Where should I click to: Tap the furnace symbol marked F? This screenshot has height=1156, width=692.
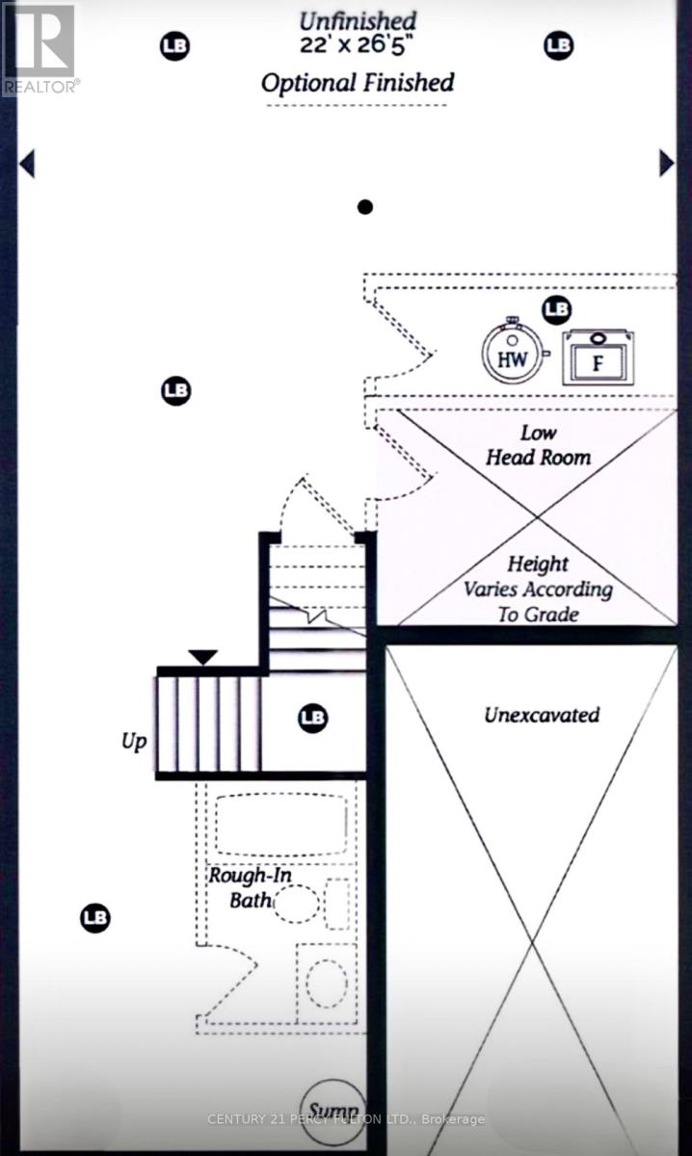click(598, 360)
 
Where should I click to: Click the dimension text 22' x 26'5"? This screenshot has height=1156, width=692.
click(358, 43)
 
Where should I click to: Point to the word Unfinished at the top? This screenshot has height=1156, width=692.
click(358, 19)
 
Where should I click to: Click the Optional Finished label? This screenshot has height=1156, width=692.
click(358, 83)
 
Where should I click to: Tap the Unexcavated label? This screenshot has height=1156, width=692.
click(541, 715)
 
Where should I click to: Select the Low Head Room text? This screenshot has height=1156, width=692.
click(538, 445)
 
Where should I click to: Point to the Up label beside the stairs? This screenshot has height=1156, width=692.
click(134, 743)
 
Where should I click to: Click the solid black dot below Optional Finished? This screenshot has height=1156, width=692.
click(364, 206)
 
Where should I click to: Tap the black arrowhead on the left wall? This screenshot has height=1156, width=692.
click(27, 164)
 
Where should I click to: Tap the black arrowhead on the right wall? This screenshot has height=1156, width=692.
click(666, 163)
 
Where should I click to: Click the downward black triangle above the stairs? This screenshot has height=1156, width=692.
click(202, 657)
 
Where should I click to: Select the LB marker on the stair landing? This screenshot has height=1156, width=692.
click(313, 718)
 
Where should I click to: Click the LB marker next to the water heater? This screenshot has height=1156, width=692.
click(556, 309)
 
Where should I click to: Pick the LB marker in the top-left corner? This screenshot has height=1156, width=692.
click(174, 44)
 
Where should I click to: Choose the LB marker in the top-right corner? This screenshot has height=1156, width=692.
click(558, 44)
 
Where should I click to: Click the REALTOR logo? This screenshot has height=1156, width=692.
click(40, 48)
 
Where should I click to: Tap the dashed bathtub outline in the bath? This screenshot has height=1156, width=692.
click(280, 826)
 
